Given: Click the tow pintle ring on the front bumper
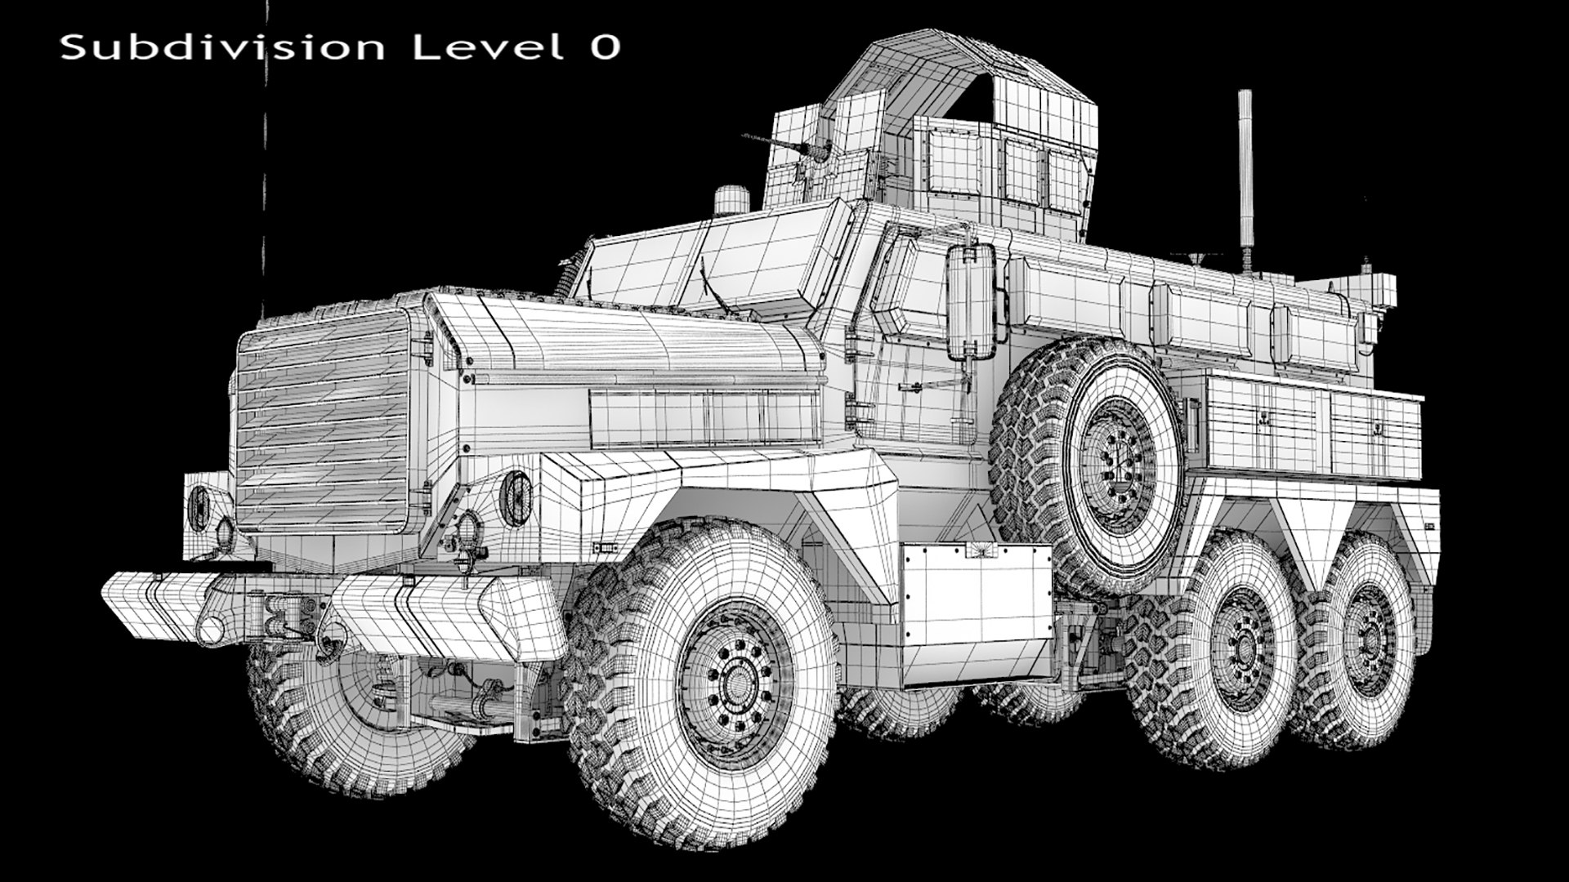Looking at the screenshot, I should [211, 629].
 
